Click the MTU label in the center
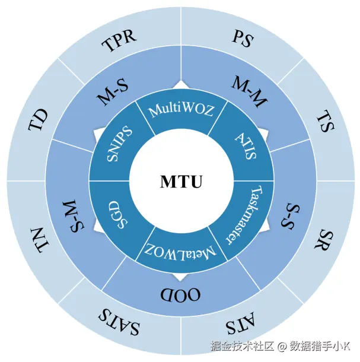pos(181,182)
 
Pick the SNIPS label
pos(119,144)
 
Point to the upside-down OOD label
pos(180,294)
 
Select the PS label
pos(242,40)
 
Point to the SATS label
pos(120,322)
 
